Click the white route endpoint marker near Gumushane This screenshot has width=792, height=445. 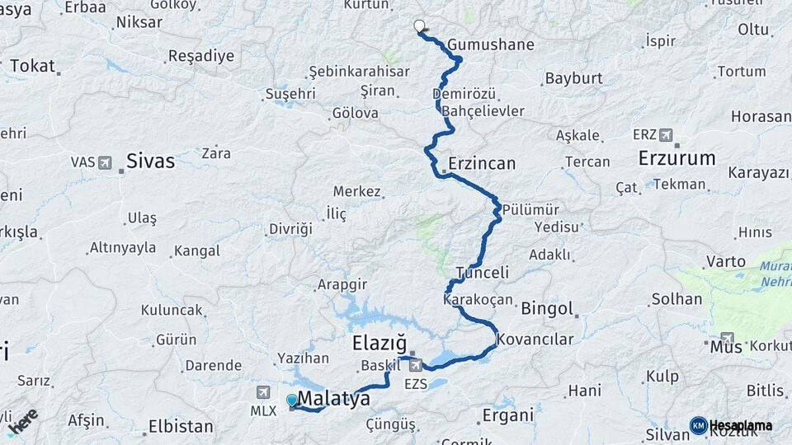tap(419, 26)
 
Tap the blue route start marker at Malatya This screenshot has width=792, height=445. tap(292, 400)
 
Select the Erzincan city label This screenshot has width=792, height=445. tap(482, 163)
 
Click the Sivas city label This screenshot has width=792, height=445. tap(150, 161)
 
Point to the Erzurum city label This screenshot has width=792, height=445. tap(676, 158)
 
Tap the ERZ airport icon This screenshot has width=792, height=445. tap(666, 135)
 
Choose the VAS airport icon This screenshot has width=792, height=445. tap(105, 162)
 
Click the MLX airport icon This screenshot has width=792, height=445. tap(263, 392)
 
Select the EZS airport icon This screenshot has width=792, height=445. tap(416, 365)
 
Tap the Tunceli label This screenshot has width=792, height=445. tap(482, 273)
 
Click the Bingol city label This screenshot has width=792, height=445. tap(547, 309)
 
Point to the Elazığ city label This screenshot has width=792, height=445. tap(379, 342)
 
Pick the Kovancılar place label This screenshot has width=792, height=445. tap(535, 339)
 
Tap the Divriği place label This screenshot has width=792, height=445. tap(290, 228)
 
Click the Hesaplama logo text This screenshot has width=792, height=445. tap(740, 425)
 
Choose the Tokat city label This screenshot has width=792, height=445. tap(32, 66)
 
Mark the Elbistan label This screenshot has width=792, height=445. tap(181, 427)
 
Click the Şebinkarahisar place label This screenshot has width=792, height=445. tap(360, 72)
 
